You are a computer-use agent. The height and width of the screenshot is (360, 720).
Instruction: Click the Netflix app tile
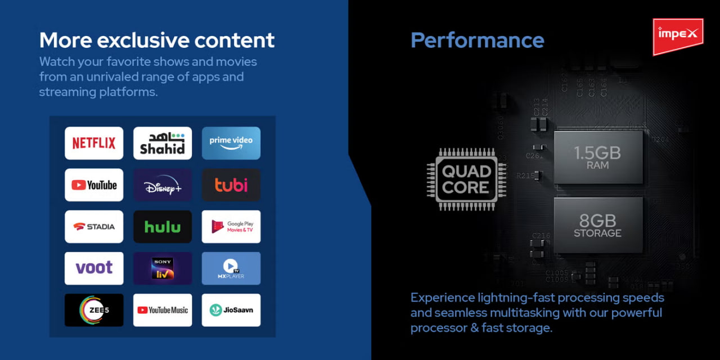point(94,143)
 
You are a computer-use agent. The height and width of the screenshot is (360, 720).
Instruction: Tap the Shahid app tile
point(163,143)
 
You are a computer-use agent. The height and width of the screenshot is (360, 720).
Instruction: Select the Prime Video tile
point(231,143)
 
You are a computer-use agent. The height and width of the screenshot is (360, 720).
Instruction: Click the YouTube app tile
point(94,185)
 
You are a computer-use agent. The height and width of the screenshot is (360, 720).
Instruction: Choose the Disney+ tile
point(163,185)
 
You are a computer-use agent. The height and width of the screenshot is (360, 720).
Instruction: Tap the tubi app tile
point(231,185)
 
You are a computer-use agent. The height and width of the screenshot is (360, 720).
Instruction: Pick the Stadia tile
point(94,227)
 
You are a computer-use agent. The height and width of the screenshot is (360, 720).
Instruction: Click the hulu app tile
point(163,227)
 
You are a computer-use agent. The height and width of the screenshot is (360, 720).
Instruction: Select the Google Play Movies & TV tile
point(231,227)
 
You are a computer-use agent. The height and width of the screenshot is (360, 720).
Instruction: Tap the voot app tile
point(94,268)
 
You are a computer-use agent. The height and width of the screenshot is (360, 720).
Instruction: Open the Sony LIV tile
point(163,268)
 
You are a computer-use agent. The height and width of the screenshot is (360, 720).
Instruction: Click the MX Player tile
point(231,268)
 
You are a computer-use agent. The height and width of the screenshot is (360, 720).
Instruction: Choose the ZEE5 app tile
point(94,310)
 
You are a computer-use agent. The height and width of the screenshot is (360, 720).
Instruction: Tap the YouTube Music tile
point(163,310)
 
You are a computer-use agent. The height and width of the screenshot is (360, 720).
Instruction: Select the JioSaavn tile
point(231,310)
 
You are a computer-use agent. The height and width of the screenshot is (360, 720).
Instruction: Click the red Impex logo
point(678,36)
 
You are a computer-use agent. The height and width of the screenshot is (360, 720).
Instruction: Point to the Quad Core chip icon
point(466,179)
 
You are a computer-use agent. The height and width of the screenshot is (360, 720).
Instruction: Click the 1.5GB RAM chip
point(598,157)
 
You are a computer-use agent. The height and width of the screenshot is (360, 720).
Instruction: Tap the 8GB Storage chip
point(598,224)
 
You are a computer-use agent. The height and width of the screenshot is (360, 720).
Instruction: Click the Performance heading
point(478,40)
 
